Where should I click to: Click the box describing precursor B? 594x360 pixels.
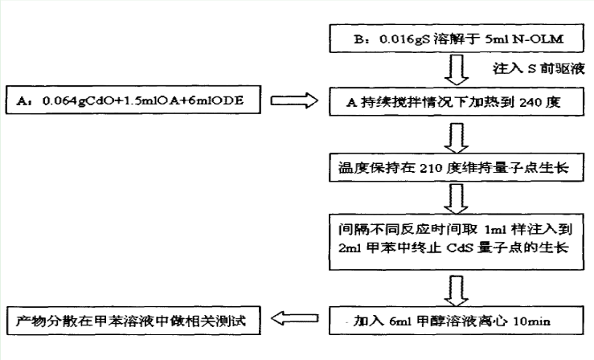[x=457, y=39]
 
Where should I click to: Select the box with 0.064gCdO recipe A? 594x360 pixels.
[x=133, y=100]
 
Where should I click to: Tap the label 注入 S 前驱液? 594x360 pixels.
[x=539, y=68]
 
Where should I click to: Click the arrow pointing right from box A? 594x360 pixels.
[x=294, y=100]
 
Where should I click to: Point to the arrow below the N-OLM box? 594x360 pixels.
[x=456, y=70]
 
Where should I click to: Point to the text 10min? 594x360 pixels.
[x=531, y=321]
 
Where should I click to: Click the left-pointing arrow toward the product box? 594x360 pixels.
[x=294, y=318]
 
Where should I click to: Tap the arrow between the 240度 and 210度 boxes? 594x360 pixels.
[x=456, y=137]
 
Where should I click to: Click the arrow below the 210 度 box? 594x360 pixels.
[x=456, y=199]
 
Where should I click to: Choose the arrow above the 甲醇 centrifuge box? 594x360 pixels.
[x=456, y=291]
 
